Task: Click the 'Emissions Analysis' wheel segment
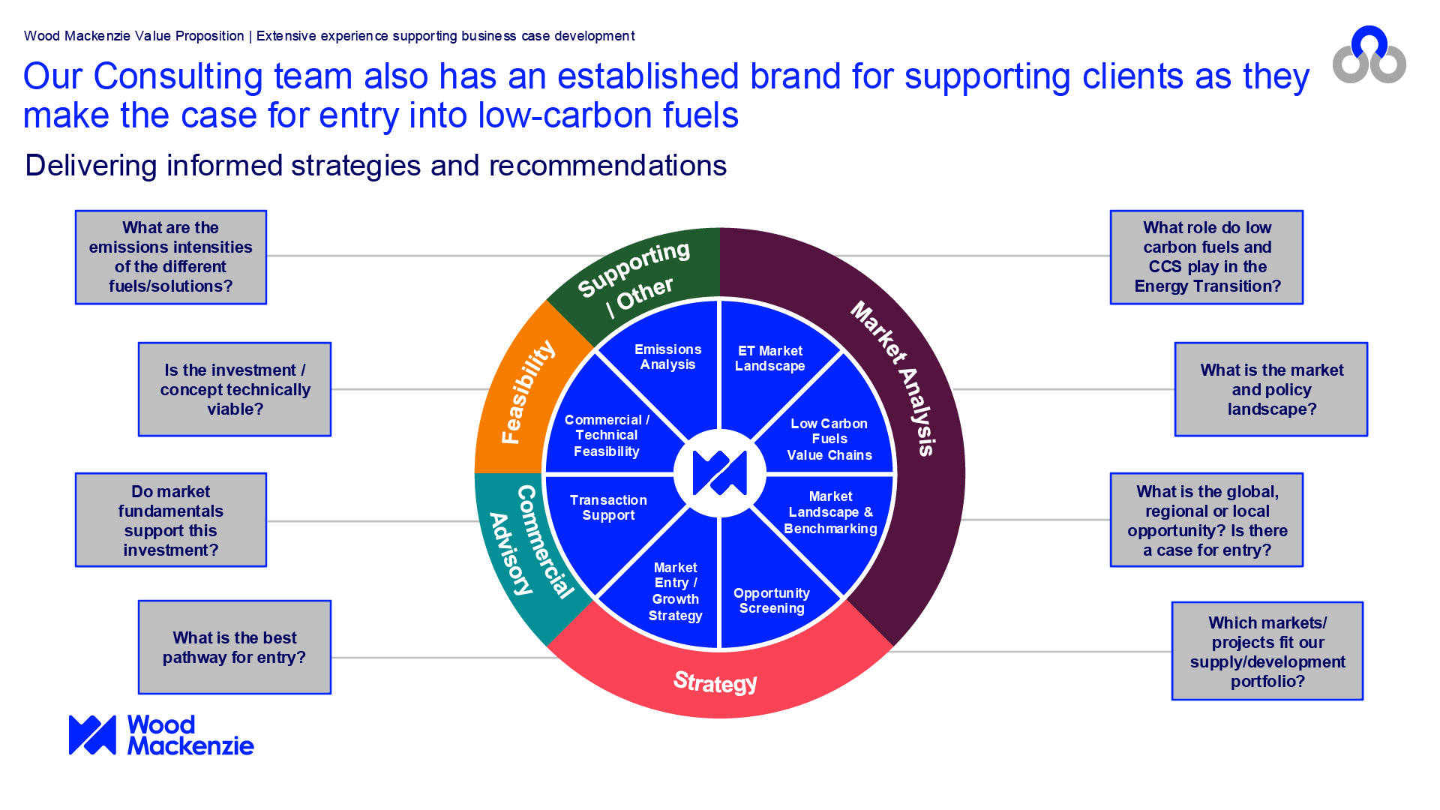pyautogui.click(x=667, y=357)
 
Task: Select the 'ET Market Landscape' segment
pyautogui.click(x=770, y=358)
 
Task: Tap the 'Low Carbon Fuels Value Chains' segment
pyautogui.click(x=829, y=439)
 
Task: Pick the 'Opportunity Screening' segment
pyautogui.click(x=772, y=601)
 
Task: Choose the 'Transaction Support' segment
pyautogui.click(x=608, y=508)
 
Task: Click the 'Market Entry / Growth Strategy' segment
pyautogui.click(x=675, y=591)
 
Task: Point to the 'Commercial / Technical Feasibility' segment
pyautogui.click(x=607, y=436)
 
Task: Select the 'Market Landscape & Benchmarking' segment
pyautogui.click(x=830, y=512)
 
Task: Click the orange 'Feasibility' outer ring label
pyautogui.click(x=527, y=391)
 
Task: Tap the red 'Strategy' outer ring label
pyautogui.click(x=715, y=682)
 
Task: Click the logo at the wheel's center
pyautogui.click(x=720, y=473)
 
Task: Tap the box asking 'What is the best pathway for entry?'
pyautogui.click(x=235, y=647)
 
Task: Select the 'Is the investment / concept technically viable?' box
pyautogui.click(x=235, y=389)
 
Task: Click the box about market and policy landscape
pyautogui.click(x=1271, y=389)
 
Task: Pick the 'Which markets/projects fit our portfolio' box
pyautogui.click(x=1267, y=651)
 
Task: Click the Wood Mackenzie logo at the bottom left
pyautogui.click(x=161, y=735)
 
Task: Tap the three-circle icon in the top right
pyautogui.click(x=1369, y=55)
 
